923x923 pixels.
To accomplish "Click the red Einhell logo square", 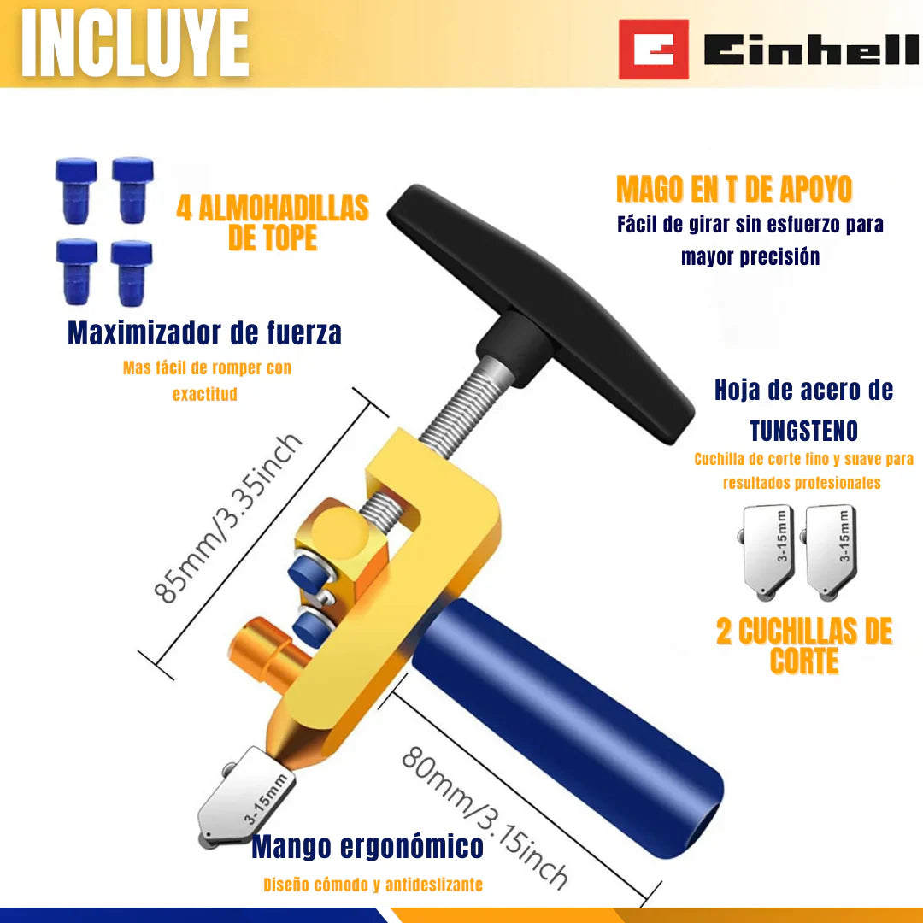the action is (x=654, y=50).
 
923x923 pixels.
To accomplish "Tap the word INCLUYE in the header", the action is (x=135, y=44).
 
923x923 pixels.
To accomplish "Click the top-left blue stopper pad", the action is (x=76, y=190).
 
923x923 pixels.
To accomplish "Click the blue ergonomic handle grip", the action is (x=568, y=727).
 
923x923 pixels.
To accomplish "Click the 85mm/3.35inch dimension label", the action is (x=228, y=518).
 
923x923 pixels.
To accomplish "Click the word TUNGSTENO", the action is (x=803, y=431).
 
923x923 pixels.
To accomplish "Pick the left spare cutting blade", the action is (x=767, y=553).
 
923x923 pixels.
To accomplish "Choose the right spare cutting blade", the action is (x=830, y=553).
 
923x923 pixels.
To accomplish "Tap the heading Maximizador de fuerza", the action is (x=204, y=332).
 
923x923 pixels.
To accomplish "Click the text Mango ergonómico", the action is (x=367, y=846).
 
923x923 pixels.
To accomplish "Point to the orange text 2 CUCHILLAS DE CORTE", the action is (x=804, y=646).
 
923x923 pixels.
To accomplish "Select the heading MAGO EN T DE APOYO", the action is (x=734, y=189).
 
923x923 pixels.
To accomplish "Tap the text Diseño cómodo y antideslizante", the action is (x=373, y=885).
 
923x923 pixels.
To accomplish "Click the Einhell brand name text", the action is (x=811, y=50).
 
